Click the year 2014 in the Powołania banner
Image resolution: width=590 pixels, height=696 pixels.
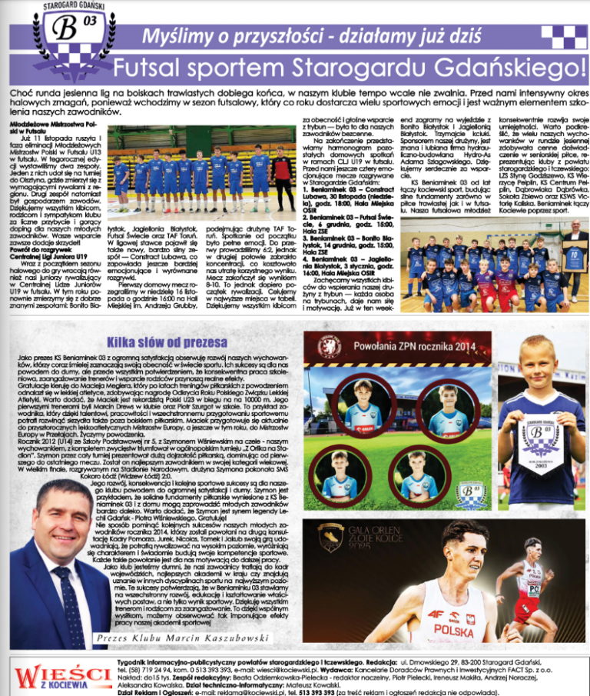pyautogui.click(x=461, y=345)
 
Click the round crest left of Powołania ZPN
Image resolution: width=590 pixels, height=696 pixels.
pyautogui.click(x=327, y=346)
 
